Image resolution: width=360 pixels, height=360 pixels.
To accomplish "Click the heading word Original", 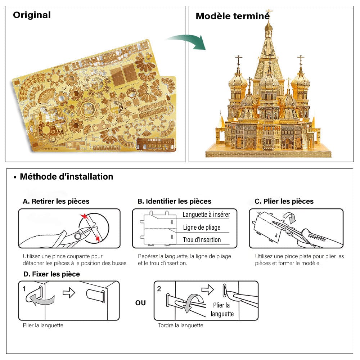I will click(32, 15).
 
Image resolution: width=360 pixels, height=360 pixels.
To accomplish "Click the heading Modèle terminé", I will click(232, 16).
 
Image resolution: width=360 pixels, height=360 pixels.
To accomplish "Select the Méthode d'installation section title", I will click(66, 177).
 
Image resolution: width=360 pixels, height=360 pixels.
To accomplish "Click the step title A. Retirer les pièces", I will click(56, 201).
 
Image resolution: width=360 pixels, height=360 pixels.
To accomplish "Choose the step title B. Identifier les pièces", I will click(174, 201).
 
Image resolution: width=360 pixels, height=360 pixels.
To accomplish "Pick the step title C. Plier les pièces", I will click(284, 201).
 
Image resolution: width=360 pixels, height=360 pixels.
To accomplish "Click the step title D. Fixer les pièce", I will click(51, 274).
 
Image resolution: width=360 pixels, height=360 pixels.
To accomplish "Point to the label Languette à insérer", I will click(206, 215).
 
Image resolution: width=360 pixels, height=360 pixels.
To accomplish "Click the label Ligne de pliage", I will click(202, 228).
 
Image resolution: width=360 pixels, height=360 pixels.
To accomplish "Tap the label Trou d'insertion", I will click(202, 240).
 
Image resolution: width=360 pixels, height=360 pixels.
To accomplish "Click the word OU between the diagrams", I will click(140, 303).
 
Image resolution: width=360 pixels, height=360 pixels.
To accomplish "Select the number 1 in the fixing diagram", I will click(24, 288).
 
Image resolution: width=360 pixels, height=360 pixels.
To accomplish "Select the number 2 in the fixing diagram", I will click(159, 288).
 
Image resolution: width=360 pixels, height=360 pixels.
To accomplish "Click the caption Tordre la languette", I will click(181, 325).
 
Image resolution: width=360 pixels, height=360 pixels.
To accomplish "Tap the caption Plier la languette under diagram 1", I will click(43, 325).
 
